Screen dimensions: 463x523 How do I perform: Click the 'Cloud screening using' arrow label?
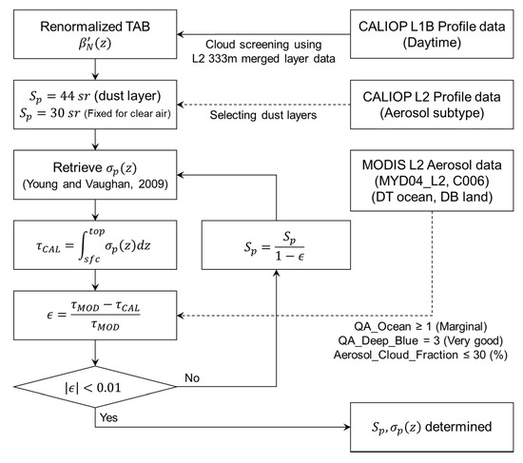point(261,44)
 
